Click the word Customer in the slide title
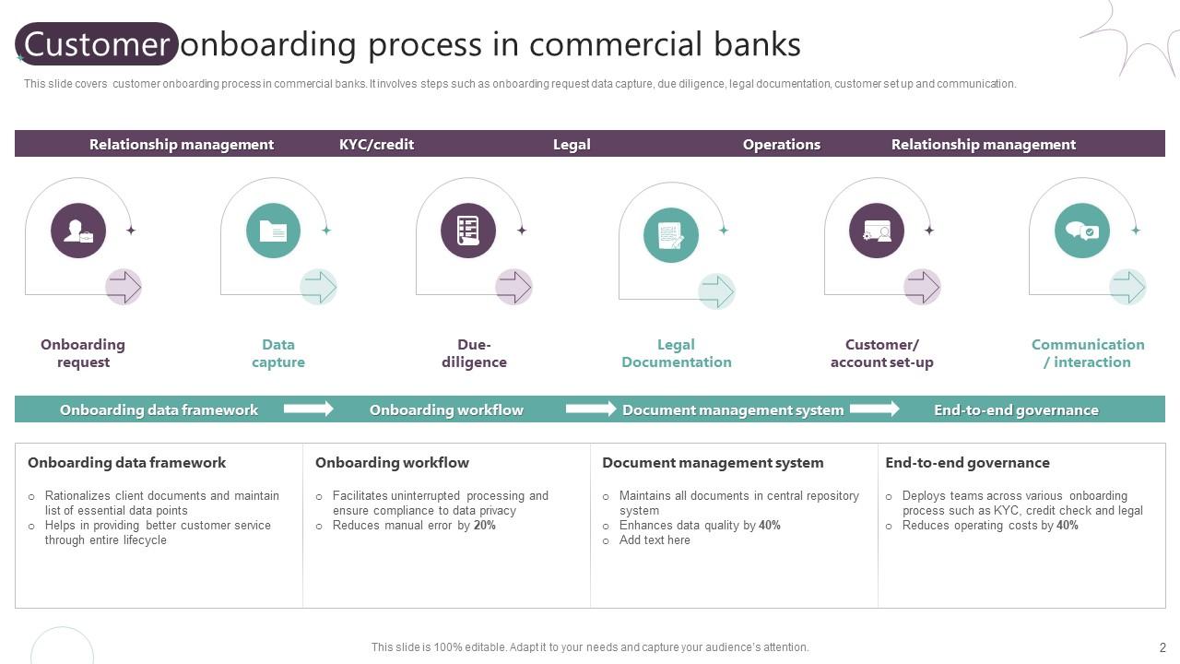tap(97, 44)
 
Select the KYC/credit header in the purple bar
tap(376, 144)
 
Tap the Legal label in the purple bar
tap(572, 144)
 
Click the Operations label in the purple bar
tap(781, 144)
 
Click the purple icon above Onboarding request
tap(78, 231)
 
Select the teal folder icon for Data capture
tap(273, 231)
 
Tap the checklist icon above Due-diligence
tap(468, 231)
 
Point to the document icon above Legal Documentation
tap(671, 235)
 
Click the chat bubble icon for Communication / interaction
tap(1081, 231)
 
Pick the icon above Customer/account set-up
tap(877, 231)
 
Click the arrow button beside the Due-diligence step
tap(513, 287)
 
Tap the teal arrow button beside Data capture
tap(318, 287)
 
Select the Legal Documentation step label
tap(676, 353)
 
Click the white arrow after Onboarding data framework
tap(308, 409)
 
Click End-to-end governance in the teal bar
tap(1016, 409)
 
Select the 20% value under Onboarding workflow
tap(485, 526)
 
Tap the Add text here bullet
tap(655, 540)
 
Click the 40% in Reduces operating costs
tap(1068, 526)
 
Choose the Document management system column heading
tap(713, 463)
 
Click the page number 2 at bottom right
tap(1162, 647)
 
